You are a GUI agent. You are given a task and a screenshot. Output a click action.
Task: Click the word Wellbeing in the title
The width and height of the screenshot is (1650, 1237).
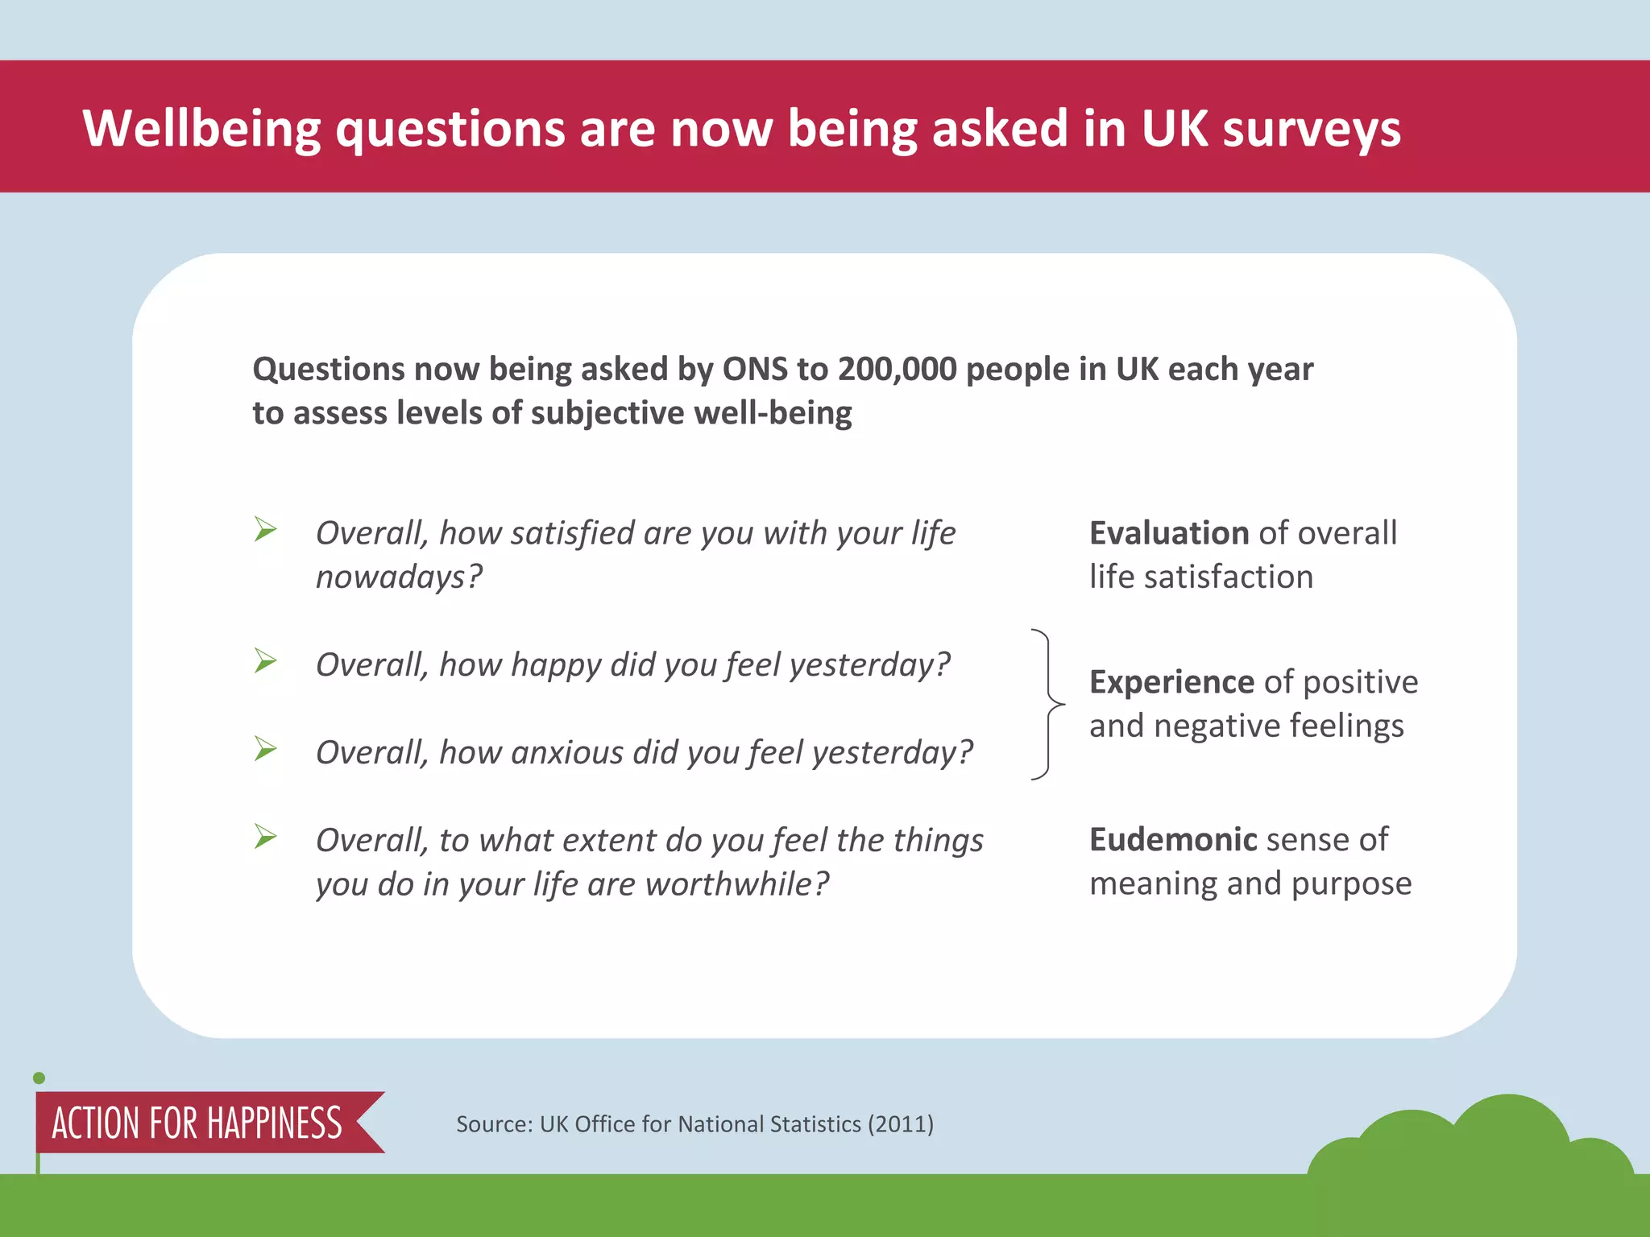click(x=201, y=129)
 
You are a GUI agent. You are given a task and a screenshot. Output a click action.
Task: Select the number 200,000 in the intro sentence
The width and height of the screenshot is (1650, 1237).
click(x=897, y=369)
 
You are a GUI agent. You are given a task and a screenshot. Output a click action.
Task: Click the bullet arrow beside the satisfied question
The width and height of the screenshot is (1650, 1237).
click(x=265, y=530)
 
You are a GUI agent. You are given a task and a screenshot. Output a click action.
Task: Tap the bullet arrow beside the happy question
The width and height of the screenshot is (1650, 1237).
click(x=265, y=661)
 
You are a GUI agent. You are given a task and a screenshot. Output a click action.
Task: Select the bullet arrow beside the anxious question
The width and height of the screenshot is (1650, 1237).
click(x=265, y=749)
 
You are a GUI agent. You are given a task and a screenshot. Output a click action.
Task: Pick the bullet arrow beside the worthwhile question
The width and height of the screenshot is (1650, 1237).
click(x=265, y=837)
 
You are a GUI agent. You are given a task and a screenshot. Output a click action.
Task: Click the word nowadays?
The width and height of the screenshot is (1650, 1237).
click(x=399, y=577)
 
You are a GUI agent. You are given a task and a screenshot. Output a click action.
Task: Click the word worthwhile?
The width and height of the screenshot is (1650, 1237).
click(x=737, y=884)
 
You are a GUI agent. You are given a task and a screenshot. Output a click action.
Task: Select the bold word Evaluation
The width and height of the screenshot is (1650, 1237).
click(x=1169, y=533)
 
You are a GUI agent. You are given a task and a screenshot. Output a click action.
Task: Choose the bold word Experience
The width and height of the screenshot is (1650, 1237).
click(x=1171, y=682)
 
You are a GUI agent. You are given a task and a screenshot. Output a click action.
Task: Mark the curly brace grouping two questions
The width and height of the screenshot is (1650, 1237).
click(x=1047, y=705)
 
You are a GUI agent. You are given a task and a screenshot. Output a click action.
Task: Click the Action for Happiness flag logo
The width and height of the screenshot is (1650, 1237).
click(x=198, y=1123)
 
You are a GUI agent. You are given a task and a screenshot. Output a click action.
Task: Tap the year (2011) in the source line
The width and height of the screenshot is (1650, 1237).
click(x=900, y=1124)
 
